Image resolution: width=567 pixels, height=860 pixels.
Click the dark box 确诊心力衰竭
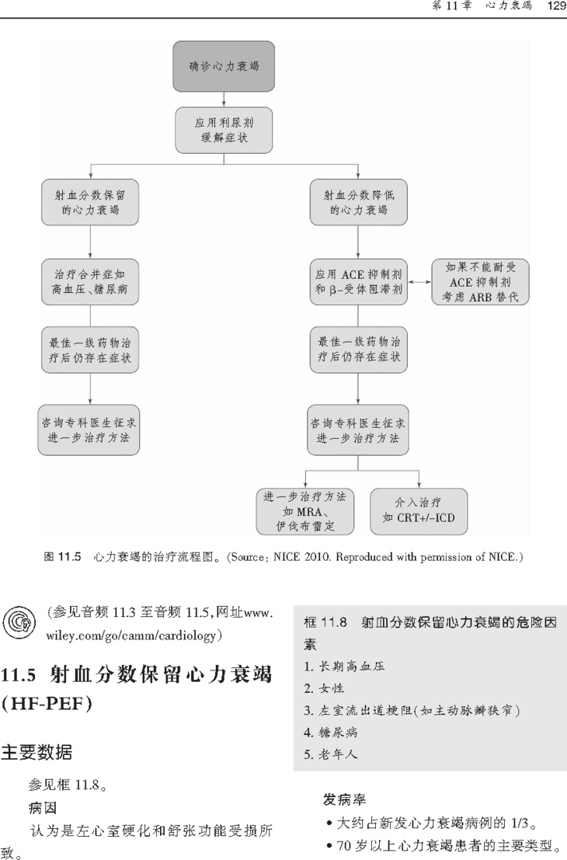224,66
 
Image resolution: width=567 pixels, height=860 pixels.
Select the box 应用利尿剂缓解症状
224,130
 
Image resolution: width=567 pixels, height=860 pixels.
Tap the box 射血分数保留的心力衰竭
91,202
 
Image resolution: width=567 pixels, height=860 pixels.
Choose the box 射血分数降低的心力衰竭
357,202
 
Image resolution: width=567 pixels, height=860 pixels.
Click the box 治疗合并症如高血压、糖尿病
91,282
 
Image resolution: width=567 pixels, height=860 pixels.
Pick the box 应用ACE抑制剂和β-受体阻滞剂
357,282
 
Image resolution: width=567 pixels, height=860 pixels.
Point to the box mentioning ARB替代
480,282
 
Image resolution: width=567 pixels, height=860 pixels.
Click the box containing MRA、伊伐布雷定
304,512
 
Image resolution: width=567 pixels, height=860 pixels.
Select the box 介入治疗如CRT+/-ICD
419,512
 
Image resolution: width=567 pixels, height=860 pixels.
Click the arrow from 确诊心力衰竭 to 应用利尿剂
224,99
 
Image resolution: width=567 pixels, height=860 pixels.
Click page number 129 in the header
555,6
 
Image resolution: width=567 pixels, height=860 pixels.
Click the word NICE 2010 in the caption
297,557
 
